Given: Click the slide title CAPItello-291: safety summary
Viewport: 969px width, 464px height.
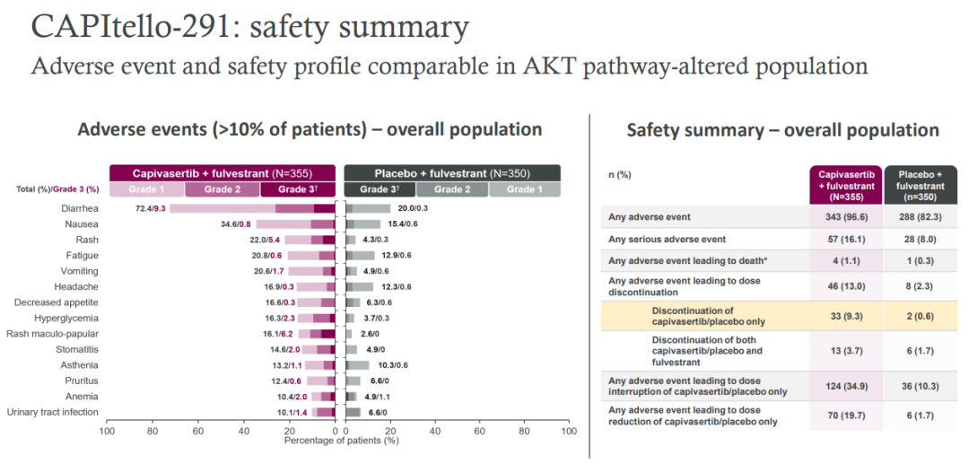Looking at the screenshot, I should click(x=249, y=27).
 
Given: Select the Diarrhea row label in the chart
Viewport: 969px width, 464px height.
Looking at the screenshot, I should click(x=77, y=208).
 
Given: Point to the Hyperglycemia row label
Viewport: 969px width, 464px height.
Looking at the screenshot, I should click(x=65, y=318).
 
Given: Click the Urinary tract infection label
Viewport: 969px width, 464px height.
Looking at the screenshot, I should click(x=53, y=412).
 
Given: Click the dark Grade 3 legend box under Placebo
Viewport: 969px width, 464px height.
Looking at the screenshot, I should click(x=379, y=189).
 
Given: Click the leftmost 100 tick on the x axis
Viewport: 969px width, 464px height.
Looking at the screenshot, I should click(x=107, y=432).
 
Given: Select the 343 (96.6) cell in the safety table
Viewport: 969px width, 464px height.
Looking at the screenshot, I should click(x=843, y=217).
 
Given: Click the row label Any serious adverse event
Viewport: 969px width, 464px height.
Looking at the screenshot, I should click(x=667, y=240).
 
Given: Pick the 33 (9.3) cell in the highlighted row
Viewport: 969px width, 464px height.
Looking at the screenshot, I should click(x=843, y=316).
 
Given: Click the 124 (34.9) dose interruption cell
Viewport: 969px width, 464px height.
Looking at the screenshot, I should click(x=843, y=386).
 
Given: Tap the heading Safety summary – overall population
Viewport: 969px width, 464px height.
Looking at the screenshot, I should click(x=782, y=130).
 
